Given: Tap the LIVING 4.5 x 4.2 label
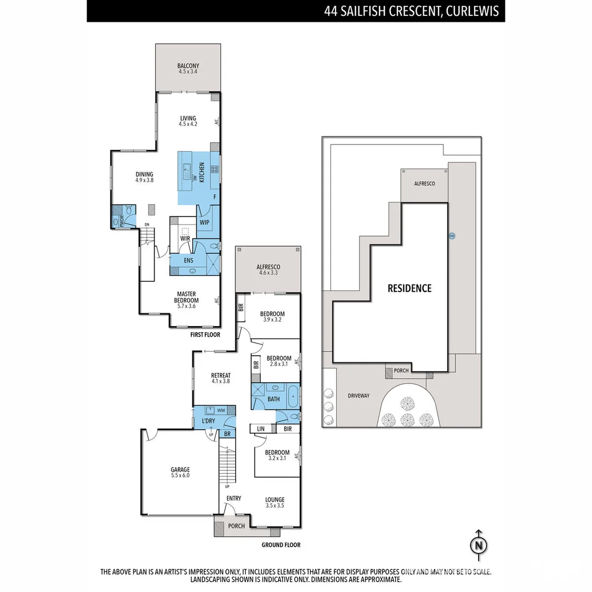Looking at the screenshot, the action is pos(188,121).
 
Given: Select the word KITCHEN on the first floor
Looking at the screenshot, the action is pos(202,173).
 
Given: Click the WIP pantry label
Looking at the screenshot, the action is pos(204,223).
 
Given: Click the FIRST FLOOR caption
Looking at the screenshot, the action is pos(204,334).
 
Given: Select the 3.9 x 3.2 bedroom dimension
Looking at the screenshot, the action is pos(272,320).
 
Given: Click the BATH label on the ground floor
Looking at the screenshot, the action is pos(274,399).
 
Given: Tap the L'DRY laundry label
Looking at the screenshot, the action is pos(208,421).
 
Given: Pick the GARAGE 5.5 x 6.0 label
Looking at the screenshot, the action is pos(180,473).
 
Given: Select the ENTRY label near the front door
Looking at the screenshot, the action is pos(234,498).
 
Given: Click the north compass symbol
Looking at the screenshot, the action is pos(479,545).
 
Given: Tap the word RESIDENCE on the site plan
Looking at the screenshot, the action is pos(409,288).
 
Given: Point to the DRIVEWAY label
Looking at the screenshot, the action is pos(359,395).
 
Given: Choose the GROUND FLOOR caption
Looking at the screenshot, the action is pos(280,545).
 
